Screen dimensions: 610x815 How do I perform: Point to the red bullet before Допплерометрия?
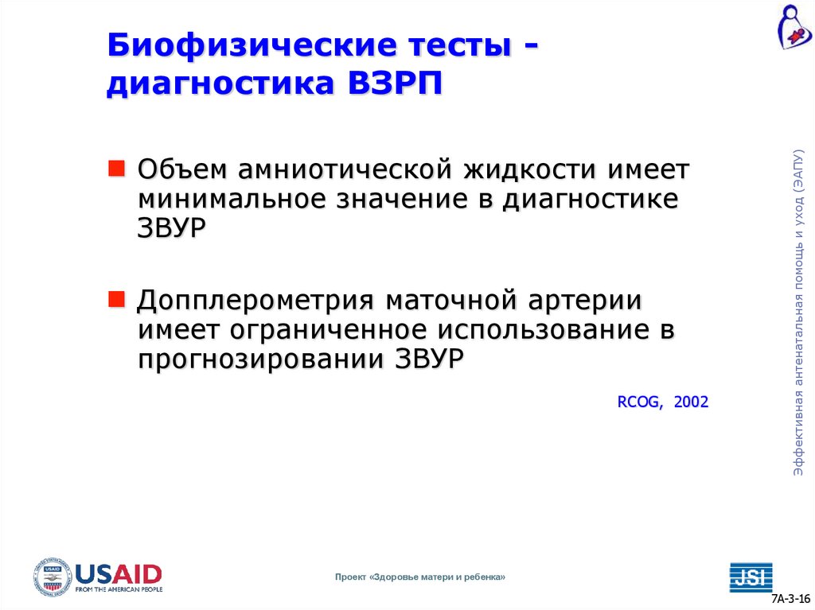(116, 300)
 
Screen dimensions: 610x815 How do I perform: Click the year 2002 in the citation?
(691, 402)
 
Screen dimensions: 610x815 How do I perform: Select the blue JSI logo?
(751, 576)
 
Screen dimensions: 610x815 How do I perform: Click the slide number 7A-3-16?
(791, 599)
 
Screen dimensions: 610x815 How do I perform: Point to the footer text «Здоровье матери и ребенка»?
(437, 577)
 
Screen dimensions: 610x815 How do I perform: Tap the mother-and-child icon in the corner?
(794, 26)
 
